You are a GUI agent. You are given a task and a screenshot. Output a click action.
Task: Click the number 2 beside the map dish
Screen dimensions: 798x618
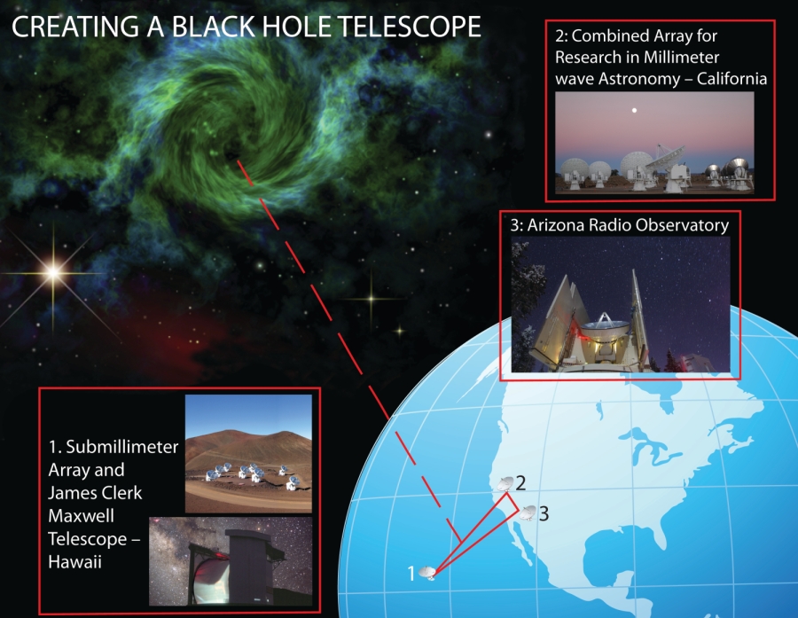coord(520,483)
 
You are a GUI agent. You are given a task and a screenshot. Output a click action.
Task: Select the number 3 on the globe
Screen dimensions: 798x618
coord(544,513)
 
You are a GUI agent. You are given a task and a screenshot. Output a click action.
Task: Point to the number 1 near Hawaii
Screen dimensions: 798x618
coord(411,573)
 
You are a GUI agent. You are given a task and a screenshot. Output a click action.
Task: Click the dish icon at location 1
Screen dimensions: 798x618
coord(428,573)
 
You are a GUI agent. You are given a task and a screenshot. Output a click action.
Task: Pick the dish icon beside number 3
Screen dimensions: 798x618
coord(528,512)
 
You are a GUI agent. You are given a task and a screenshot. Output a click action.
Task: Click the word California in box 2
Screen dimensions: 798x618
coord(731,78)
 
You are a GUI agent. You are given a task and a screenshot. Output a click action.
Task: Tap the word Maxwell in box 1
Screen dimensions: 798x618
coord(81,516)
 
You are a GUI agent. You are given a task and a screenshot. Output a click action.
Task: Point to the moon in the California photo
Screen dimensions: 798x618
coord(634,110)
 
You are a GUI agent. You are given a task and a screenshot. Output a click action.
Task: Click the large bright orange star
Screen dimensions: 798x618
coord(53,273)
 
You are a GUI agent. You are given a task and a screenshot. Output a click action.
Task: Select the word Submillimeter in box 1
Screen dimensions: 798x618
coord(122,447)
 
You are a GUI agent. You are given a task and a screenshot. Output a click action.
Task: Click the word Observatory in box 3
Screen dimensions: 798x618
coord(680,225)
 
